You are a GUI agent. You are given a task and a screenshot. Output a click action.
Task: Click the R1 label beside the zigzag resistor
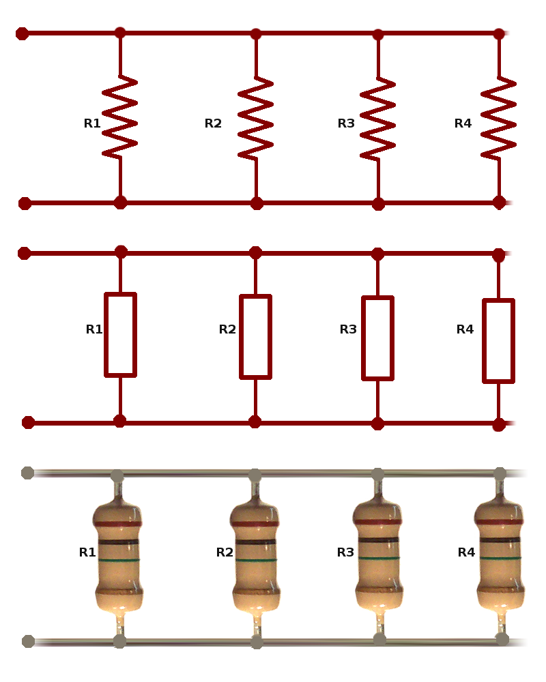pos(92,123)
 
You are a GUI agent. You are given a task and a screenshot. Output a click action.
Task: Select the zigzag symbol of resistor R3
pos(378,119)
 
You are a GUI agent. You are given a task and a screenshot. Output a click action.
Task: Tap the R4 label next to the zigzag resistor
pos(463,123)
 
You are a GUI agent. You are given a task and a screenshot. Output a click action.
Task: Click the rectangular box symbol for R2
pos(255,337)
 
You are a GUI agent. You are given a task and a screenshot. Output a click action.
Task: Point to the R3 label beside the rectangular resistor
pos(348,329)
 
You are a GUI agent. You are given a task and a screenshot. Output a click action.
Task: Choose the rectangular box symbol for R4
pos(498,340)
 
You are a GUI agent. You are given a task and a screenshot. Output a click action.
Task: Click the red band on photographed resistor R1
pos(118,524)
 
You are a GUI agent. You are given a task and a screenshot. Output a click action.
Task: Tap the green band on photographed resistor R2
pos(255,560)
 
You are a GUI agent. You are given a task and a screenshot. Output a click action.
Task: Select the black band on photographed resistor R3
pos(378,539)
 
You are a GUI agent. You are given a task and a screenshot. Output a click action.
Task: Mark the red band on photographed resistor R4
pos(499,522)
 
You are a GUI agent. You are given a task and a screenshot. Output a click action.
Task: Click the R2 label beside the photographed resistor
pos(225,552)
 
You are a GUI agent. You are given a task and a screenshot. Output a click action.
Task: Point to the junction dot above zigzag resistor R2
pos(256,34)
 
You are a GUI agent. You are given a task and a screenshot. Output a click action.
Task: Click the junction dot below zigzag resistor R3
pos(378,203)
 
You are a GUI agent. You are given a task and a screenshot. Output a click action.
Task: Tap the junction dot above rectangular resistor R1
pos(121,252)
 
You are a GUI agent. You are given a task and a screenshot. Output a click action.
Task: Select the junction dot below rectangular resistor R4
pos(499,424)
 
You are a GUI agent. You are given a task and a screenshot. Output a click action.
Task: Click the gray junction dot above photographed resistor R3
pos(378,475)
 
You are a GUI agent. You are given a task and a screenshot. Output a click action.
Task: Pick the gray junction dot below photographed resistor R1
pos(119,641)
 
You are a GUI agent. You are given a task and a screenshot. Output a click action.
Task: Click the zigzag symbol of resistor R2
pos(255,118)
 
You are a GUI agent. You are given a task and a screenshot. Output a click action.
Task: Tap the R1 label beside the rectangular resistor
pos(94,329)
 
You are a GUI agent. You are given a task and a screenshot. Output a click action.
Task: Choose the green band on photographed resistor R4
pos(500,558)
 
